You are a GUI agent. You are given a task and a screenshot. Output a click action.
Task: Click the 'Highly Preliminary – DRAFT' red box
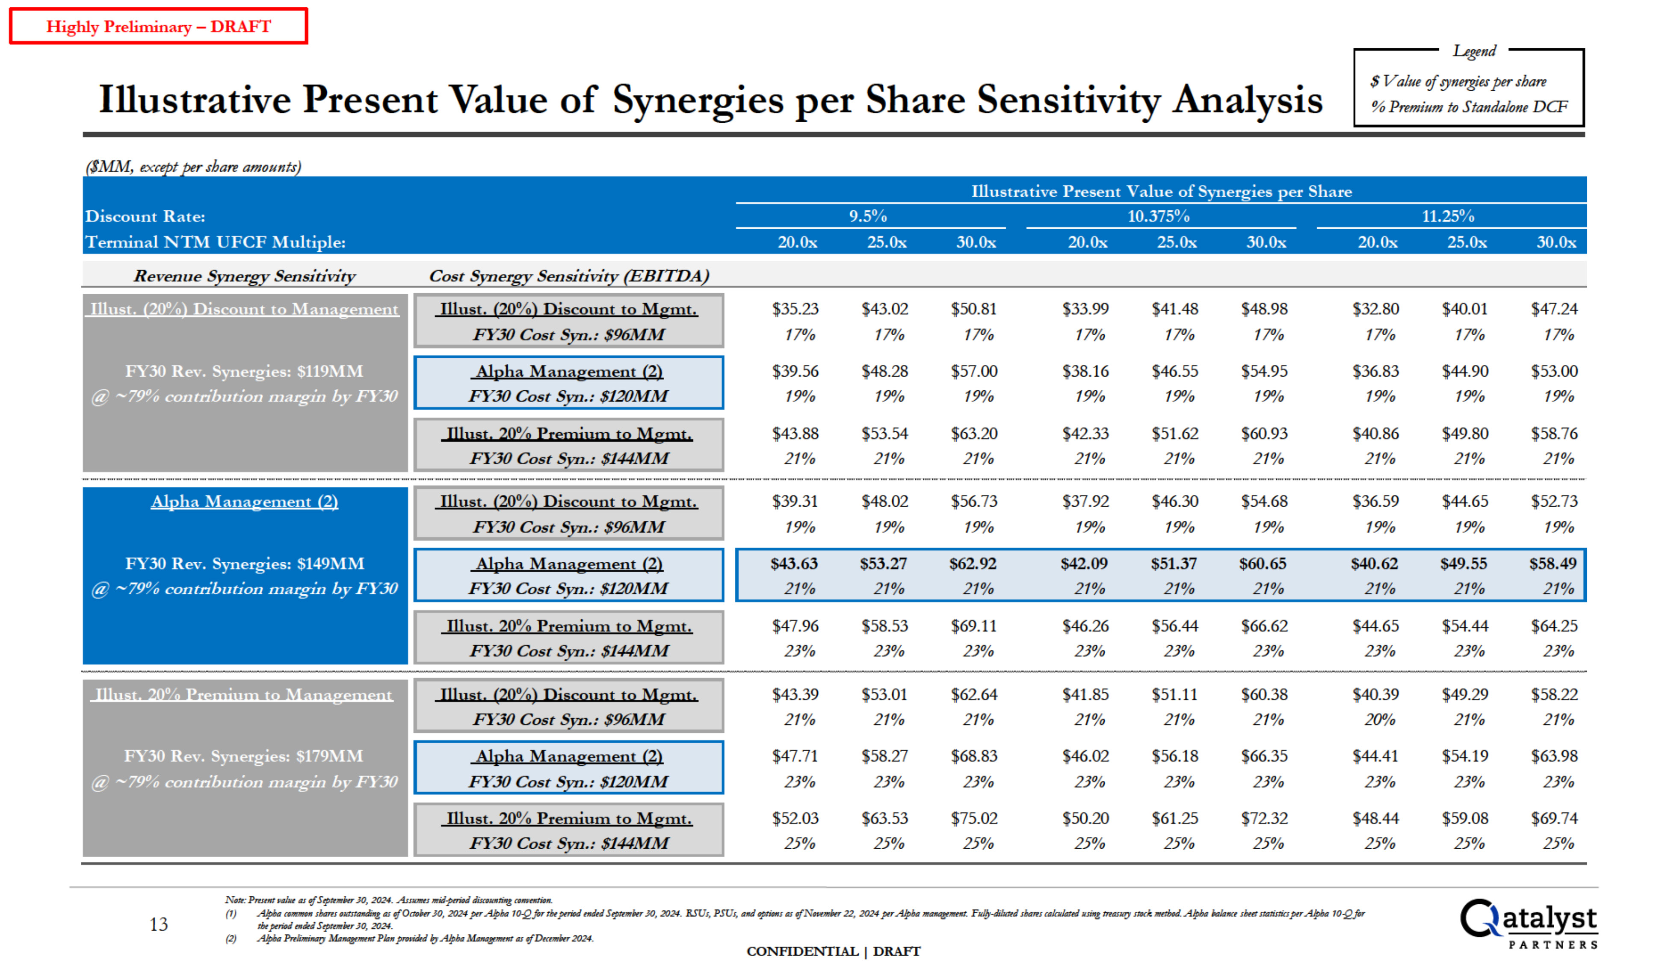(159, 27)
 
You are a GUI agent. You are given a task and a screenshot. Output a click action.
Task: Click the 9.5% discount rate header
(868, 216)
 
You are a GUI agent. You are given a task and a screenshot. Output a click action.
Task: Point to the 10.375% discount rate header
(1158, 216)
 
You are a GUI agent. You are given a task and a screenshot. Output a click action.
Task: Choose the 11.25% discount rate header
(1448, 216)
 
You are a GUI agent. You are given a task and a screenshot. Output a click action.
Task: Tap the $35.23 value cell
(795, 309)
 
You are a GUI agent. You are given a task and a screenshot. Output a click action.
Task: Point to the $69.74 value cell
(1554, 818)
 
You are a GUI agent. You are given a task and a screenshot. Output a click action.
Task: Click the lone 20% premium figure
(1379, 720)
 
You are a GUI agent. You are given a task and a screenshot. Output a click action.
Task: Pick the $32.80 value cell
(1375, 309)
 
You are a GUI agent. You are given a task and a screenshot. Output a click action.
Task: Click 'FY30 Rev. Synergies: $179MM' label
(244, 756)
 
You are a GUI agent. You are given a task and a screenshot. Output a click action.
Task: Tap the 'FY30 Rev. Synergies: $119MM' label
(244, 371)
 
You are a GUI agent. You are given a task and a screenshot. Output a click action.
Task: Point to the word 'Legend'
(1474, 51)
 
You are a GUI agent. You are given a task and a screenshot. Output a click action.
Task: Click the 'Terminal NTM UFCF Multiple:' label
(216, 242)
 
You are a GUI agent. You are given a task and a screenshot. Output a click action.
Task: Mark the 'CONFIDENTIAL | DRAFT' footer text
(833, 951)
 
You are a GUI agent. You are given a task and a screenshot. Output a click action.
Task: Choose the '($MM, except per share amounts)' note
(193, 166)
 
